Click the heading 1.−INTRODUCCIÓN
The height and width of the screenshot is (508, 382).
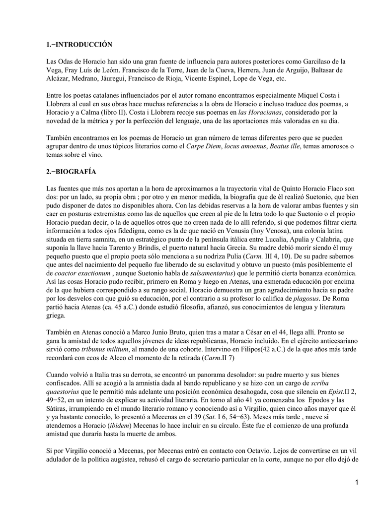pos(79,45)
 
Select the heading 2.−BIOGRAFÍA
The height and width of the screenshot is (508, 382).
pos(71,172)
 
